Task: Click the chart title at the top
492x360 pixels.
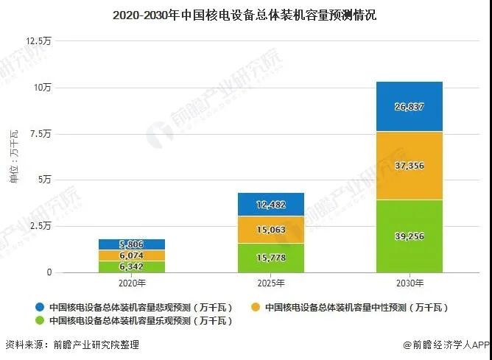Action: point(245,15)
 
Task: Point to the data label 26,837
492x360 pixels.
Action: point(410,106)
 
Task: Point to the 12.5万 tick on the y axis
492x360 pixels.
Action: point(39,41)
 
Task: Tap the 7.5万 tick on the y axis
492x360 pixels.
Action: point(41,134)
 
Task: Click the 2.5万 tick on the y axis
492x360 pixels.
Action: point(41,226)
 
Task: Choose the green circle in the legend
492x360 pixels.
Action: point(38,321)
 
